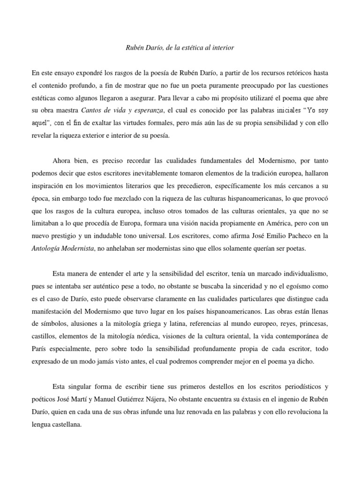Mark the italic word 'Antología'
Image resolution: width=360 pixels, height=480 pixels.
[49, 249]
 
